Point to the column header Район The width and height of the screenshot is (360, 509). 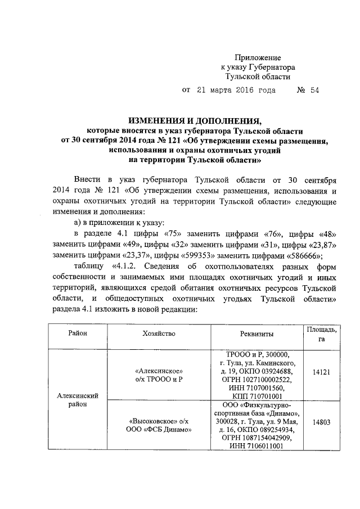[78, 334]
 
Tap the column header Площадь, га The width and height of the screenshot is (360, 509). [321, 334]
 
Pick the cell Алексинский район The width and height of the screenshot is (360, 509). [79, 400]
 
